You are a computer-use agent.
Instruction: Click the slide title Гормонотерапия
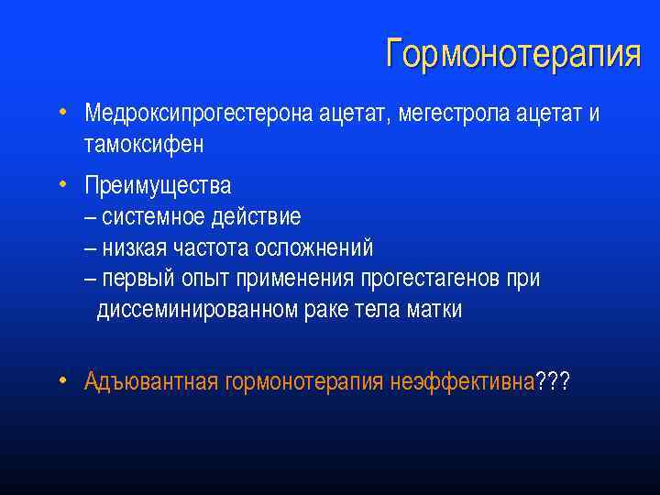coord(512,54)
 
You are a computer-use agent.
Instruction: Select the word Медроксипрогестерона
coord(199,114)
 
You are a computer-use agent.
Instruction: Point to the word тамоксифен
coord(144,145)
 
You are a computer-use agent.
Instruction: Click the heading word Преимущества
coord(158,185)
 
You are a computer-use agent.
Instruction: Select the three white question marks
coord(553,381)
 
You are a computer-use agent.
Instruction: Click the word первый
coord(136,279)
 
